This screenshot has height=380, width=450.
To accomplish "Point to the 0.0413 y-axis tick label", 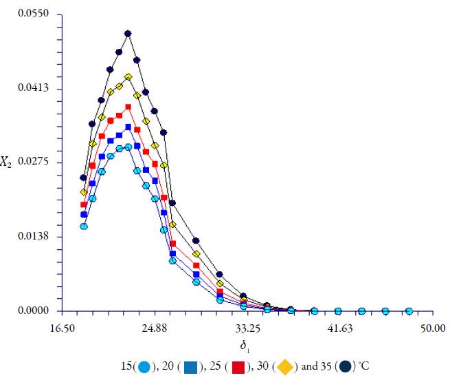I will coord(36,89).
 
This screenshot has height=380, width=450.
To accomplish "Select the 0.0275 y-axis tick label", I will coord(36,162).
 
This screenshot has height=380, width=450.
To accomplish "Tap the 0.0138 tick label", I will coord(36,237).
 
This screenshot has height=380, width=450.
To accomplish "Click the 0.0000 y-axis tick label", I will coord(36,311).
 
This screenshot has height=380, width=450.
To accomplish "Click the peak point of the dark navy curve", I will coord(128,33).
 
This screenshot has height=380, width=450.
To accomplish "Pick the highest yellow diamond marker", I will coord(128,77).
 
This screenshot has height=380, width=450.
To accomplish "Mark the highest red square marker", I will coord(128,107).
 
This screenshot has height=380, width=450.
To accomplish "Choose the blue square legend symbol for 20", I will coord(190,366).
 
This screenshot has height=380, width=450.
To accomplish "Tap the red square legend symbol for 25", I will coord(237,366).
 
